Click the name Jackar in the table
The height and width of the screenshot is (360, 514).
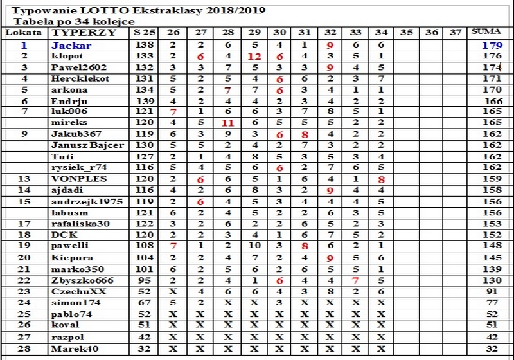(x=71, y=46)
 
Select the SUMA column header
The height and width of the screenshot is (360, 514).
(x=484, y=32)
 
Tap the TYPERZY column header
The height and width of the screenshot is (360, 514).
(x=75, y=32)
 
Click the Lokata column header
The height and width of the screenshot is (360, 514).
(x=24, y=32)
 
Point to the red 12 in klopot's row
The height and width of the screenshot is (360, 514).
(x=254, y=57)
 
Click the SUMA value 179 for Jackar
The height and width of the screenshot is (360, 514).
(x=492, y=46)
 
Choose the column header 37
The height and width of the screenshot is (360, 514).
(x=456, y=32)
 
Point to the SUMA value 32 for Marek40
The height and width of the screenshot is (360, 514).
(x=493, y=349)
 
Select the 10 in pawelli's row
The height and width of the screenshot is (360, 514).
(x=254, y=246)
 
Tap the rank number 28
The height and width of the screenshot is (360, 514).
(x=24, y=349)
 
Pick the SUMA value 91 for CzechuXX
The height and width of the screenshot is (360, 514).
(x=493, y=291)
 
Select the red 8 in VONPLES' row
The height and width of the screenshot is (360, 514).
(x=382, y=179)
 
